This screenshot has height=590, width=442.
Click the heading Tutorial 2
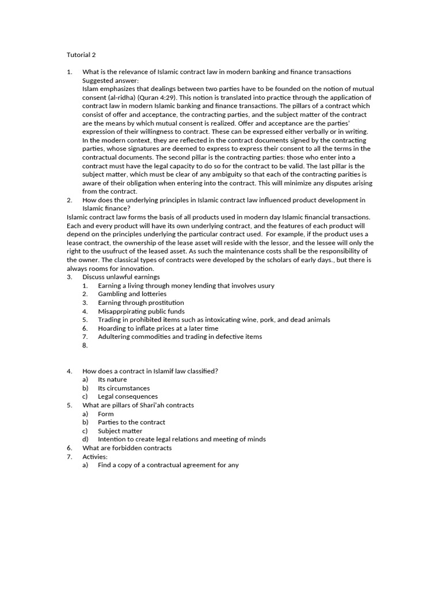tap(81, 55)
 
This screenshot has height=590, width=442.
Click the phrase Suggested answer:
tap(106, 80)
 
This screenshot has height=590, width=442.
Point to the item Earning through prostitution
tap(141, 302)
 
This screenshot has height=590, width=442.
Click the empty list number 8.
tap(85, 345)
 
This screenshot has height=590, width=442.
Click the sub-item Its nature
tap(112, 380)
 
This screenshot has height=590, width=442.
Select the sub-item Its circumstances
tap(123, 388)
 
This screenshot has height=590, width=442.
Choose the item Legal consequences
tap(128, 396)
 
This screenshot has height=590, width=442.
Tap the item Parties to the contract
tap(131, 422)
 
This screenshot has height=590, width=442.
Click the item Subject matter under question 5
tap(120, 431)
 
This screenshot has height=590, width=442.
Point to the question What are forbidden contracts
tap(127, 448)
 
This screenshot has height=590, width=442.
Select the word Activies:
tap(95, 456)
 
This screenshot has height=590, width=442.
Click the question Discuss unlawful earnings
tap(121, 277)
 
